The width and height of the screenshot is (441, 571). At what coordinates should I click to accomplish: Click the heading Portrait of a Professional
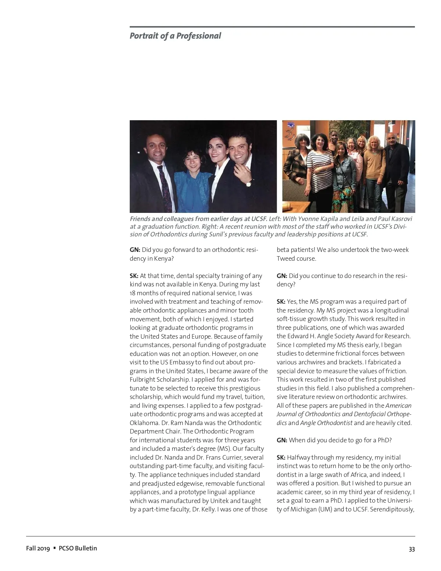(175, 36)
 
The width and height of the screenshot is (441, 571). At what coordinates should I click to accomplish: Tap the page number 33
(412, 549)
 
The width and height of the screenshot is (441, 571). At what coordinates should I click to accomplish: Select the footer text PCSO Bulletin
(78, 548)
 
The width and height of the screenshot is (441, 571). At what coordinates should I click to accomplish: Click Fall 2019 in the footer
(37, 548)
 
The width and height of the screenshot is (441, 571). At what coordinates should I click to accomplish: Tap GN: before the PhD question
(282, 440)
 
